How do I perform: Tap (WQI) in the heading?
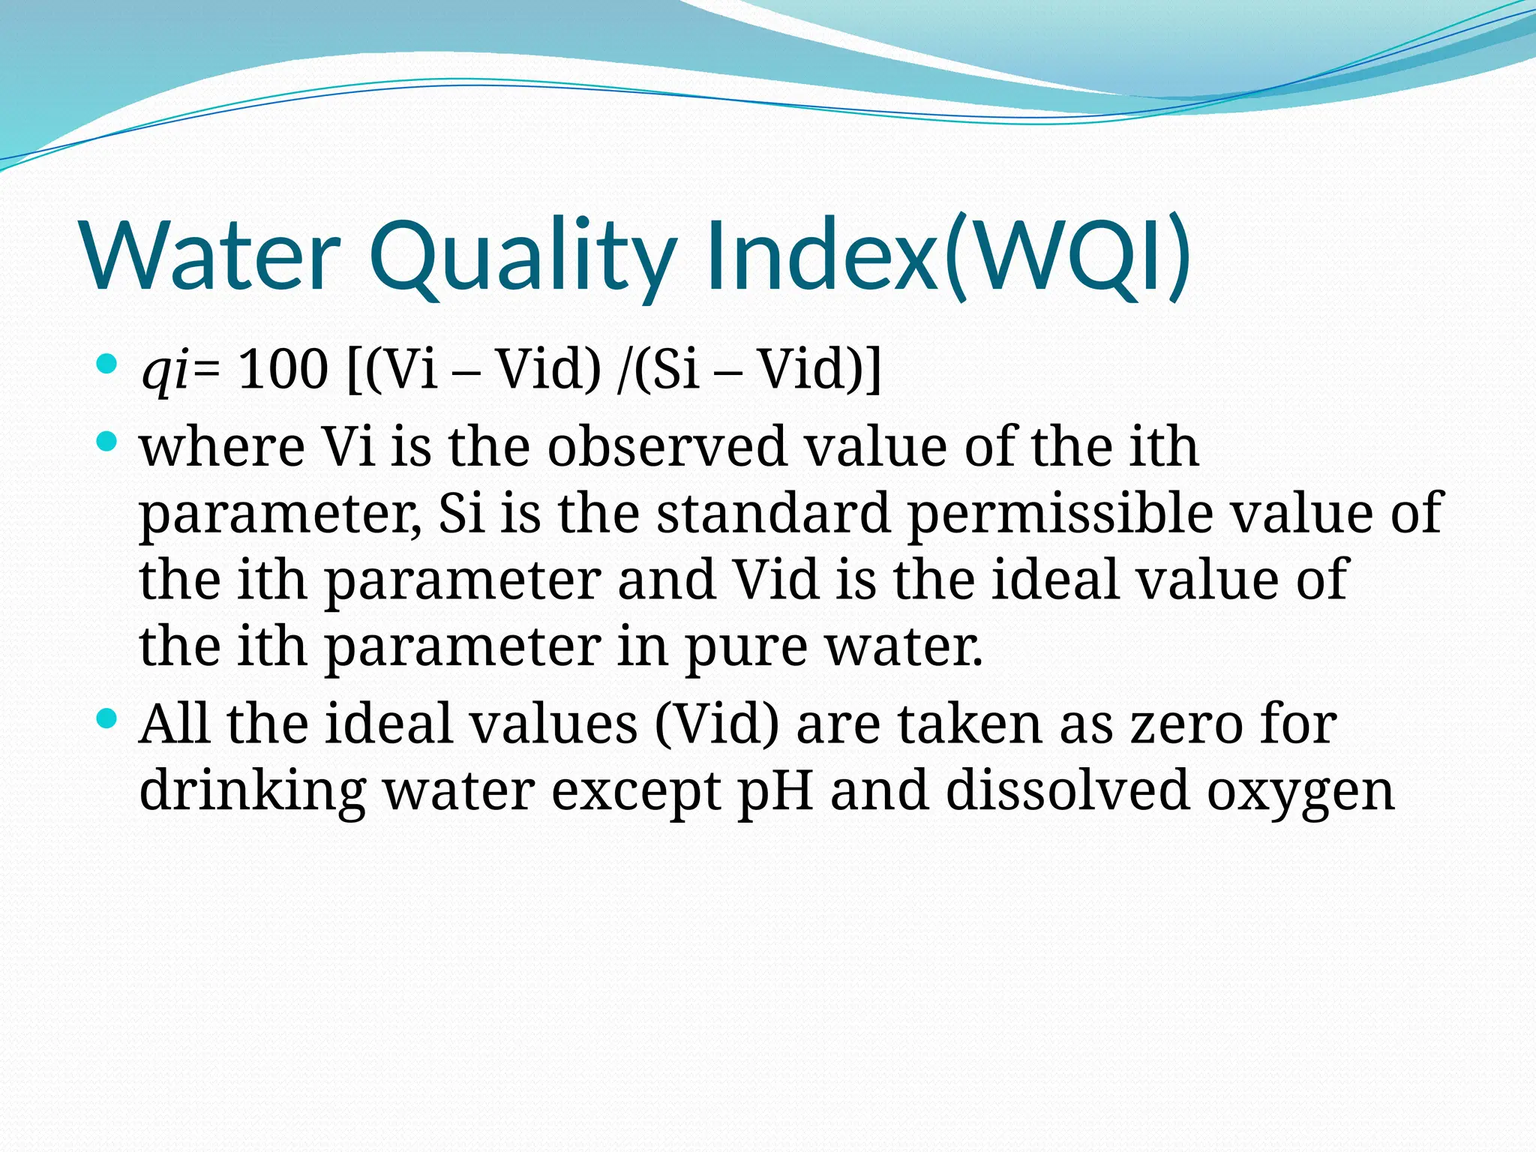click(x=1065, y=255)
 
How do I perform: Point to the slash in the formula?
click(x=624, y=369)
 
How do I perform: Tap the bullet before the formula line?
click(x=107, y=365)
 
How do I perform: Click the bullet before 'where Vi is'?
click(x=107, y=442)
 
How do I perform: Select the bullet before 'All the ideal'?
click(x=107, y=719)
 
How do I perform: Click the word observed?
click(x=667, y=447)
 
